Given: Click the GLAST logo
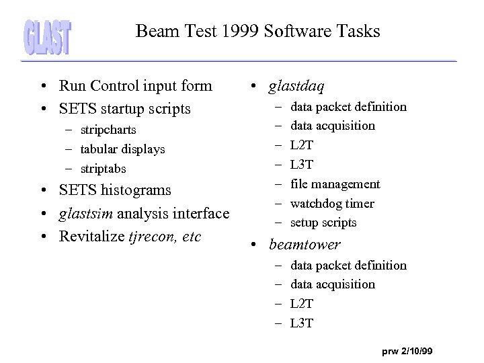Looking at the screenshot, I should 48,36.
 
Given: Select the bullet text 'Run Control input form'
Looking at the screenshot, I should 135,86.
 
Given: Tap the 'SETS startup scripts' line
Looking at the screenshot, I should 124,108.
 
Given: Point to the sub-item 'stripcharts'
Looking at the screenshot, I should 108,130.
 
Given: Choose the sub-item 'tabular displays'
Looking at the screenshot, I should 122,149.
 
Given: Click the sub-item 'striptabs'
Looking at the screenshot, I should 102,169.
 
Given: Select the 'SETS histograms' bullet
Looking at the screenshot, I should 115,191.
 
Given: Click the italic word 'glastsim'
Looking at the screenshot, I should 84,214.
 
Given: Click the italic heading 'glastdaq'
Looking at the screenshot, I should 296,86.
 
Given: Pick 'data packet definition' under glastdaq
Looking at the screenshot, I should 348,107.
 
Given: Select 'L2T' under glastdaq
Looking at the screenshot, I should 302,145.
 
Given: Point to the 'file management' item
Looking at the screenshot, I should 335,184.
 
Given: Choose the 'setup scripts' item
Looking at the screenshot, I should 323,223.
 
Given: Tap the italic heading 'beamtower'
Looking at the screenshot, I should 305,245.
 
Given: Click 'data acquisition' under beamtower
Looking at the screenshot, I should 333,284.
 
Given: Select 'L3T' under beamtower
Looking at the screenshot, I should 302,323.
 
